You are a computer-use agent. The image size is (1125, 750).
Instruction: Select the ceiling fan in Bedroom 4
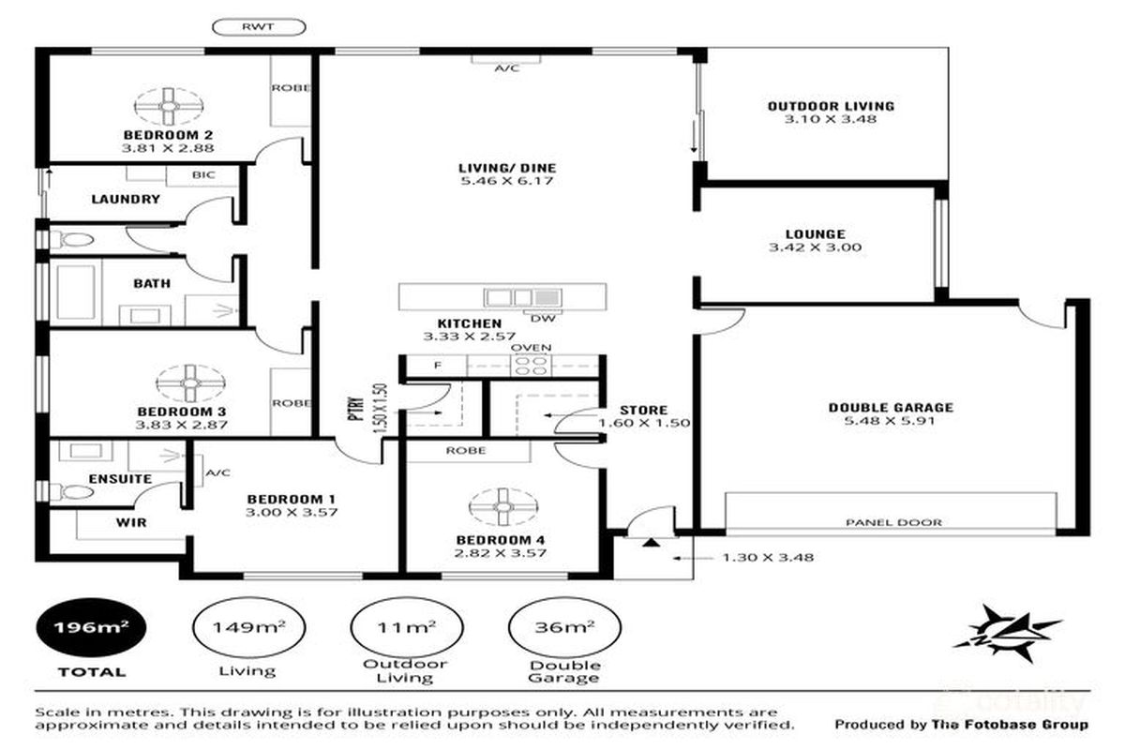(x=502, y=508)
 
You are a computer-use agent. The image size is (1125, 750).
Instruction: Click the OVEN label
(x=531, y=348)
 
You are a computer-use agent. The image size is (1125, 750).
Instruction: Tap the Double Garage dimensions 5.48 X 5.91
(x=890, y=421)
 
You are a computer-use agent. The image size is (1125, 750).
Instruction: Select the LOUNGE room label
(x=815, y=234)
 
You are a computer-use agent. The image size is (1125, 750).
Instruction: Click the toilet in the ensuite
(x=75, y=492)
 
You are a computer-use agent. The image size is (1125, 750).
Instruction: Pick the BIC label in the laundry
(x=202, y=175)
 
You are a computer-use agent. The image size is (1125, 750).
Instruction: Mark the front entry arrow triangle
(x=650, y=541)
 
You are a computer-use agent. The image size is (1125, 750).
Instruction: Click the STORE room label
(x=643, y=410)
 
